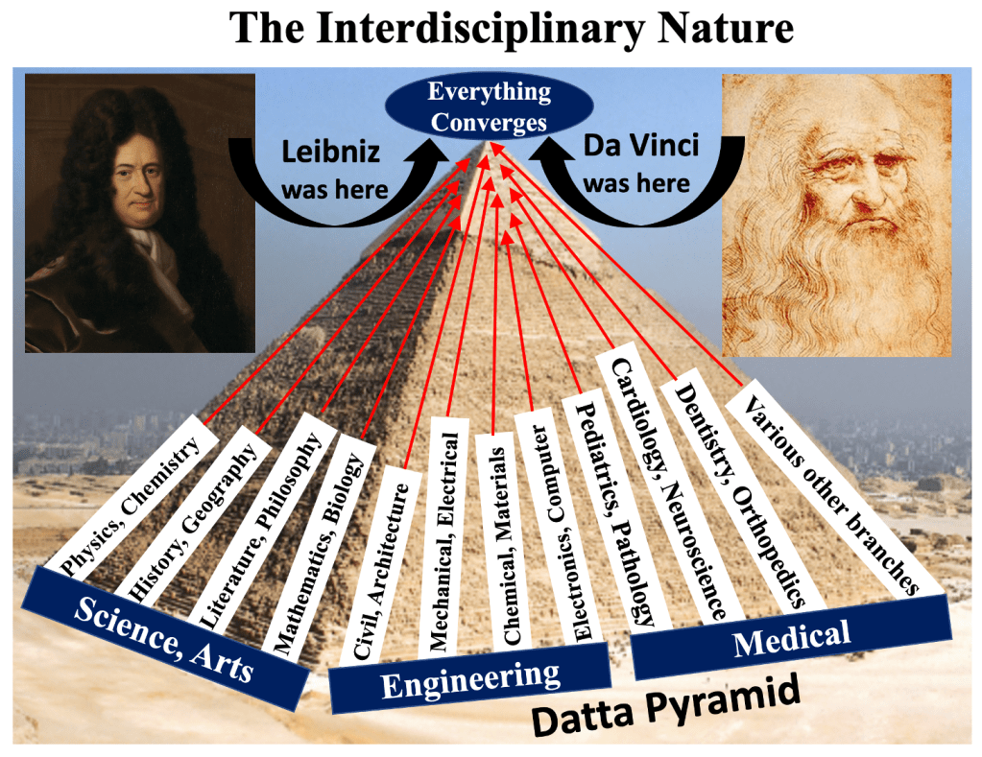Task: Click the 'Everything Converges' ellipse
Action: pos(490,107)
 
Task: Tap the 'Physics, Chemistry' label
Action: pos(131,505)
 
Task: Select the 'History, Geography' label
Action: pos(187,524)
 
